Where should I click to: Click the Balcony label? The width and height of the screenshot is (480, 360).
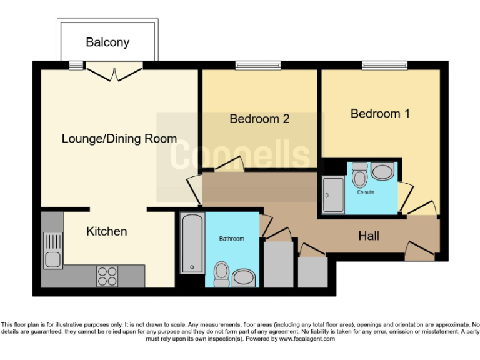coord(107,42)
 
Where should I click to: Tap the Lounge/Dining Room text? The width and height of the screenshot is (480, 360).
coord(119,139)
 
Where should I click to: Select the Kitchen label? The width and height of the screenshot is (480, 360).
coord(106,231)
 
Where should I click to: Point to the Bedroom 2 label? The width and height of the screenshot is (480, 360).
coord(259,119)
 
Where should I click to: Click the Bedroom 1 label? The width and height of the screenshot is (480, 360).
coord(380,114)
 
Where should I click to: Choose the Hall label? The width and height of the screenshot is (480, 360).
coord(369,236)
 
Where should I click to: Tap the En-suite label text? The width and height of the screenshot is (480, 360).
coord(366,192)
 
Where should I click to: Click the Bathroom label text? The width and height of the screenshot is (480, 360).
coord(231,239)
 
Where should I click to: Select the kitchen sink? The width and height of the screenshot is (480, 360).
coord(52,249)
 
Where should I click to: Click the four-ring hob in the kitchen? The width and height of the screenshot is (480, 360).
coord(107,276)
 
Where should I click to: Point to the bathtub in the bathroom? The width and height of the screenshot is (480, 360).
coord(192,244)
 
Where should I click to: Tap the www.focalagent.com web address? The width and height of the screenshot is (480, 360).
coord(307,339)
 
